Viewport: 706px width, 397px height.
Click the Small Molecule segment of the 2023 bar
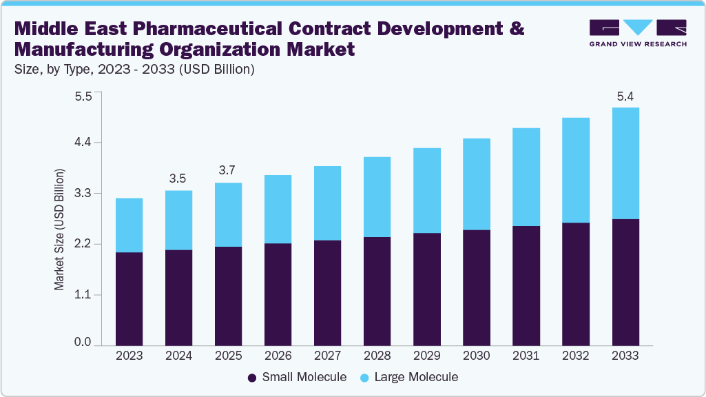tap(129, 298)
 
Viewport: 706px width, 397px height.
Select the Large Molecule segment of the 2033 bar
tap(625, 163)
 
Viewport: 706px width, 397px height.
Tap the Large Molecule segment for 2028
tap(377, 197)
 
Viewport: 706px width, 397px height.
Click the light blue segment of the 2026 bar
tap(278, 209)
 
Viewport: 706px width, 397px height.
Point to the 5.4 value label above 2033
tap(625, 96)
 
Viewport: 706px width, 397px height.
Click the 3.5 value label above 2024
tap(178, 179)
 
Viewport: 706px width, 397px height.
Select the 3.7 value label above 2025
tap(227, 170)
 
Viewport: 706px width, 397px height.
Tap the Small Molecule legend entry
tap(295, 377)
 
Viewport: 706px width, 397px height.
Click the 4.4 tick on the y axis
tap(83, 143)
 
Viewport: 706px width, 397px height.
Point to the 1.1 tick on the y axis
tap(83, 295)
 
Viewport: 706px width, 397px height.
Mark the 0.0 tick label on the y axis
tap(83, 343)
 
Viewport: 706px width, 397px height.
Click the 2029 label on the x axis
tap(426, 356)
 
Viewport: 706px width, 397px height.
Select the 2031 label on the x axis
tap(526, 356)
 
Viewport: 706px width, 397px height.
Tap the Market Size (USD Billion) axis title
tap(60, 229)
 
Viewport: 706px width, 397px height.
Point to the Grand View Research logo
tap(638, 32)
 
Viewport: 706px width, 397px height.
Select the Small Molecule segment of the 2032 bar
tap(575, 283)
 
